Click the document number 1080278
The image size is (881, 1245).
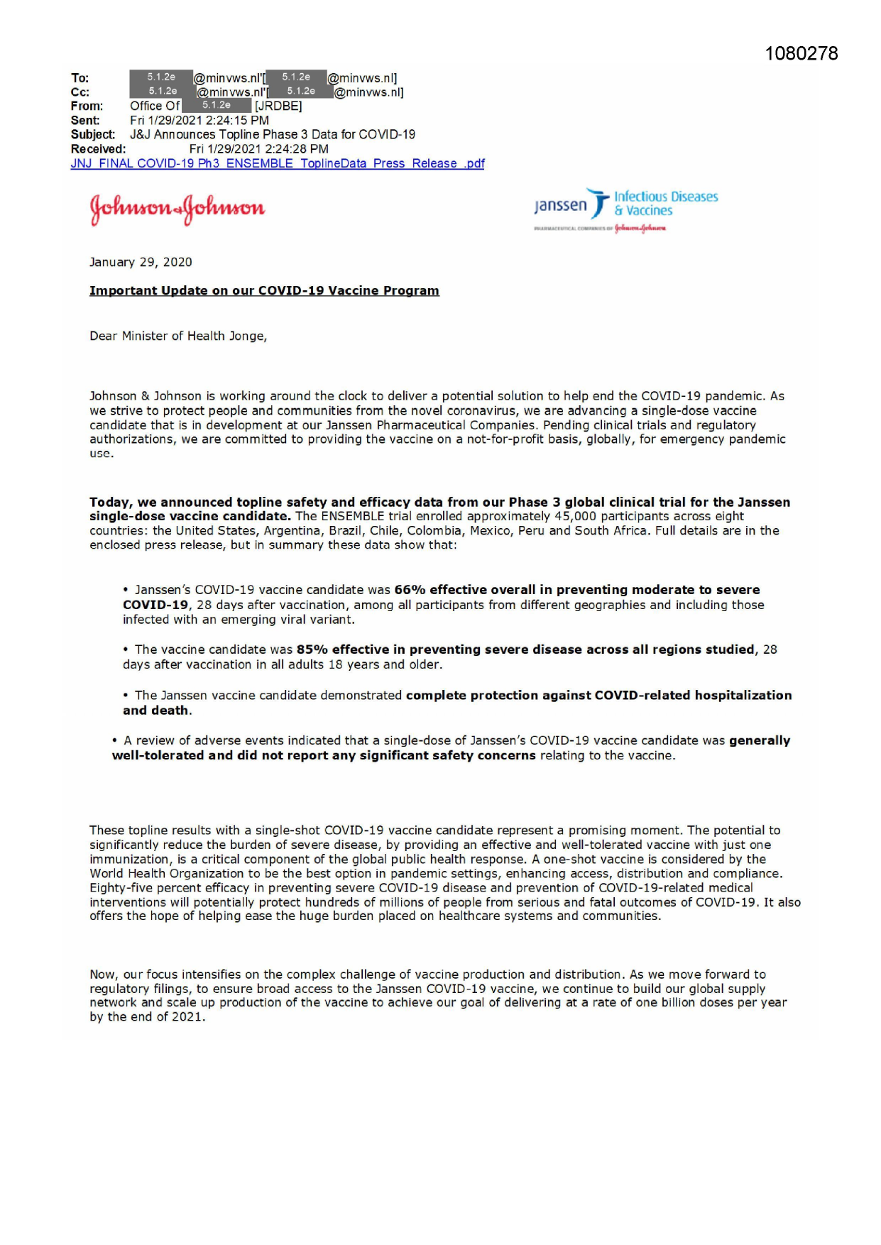801,54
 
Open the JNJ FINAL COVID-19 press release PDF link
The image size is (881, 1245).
277,164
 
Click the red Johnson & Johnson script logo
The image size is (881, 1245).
177,208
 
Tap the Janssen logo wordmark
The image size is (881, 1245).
561,206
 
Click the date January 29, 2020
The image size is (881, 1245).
141,263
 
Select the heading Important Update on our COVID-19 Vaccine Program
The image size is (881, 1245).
264,291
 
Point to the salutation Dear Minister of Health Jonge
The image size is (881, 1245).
177,336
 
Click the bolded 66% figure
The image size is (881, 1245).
410,590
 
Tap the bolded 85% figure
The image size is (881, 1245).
312,649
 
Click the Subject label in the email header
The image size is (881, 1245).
92,135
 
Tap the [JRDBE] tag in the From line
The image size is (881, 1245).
278,106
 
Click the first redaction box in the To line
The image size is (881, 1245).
161,77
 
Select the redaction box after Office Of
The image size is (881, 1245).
217,106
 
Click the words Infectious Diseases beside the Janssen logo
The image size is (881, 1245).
666,197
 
